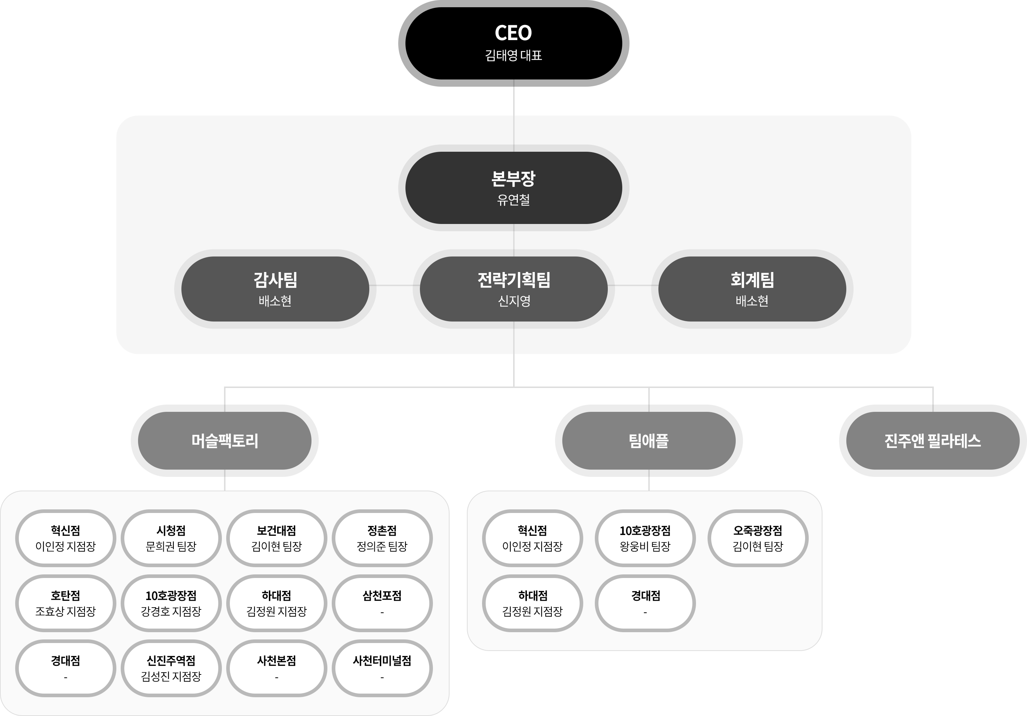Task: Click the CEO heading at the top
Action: click(513, 33)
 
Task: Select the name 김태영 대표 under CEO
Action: click(513, 56)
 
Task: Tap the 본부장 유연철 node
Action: click(513, 188)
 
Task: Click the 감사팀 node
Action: click(275, 289)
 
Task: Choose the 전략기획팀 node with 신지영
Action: click(513, 289)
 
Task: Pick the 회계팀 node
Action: click(752, 289)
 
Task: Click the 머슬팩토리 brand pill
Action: click(224, 441)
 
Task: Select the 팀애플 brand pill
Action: click(649, 441)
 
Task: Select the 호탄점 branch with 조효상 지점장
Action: click(65, 603)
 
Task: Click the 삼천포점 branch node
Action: click(382, 603)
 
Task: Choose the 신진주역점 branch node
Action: click(171, 668)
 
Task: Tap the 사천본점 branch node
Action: click(276, 668)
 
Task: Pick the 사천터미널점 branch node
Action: click(382, 668)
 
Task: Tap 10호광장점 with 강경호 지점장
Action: click(171, 603)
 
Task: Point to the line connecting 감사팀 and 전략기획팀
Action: click(394, 285)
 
